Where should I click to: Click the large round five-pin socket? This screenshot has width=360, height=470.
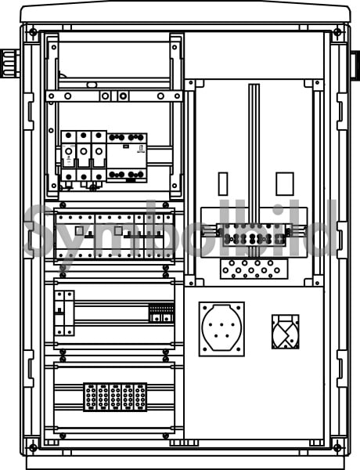point(221,329)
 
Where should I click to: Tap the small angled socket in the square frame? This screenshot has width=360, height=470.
point(286,331)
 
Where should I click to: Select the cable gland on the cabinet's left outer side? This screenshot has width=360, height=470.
point(10,63)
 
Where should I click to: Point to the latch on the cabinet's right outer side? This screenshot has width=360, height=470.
point(355,65)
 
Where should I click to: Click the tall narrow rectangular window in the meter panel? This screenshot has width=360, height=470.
point(223,184)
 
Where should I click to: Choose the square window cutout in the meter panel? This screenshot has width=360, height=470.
point(285,184)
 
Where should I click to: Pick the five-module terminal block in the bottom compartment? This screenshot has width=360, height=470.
point(115,397)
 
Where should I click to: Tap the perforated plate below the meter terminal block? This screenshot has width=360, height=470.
point(254,269)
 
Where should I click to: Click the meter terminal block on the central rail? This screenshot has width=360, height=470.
point(254,235)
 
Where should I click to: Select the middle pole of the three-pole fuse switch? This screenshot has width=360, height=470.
point(84,156)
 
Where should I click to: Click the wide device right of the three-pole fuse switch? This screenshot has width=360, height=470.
point(127,157)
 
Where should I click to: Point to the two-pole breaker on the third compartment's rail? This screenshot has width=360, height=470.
point(64,313)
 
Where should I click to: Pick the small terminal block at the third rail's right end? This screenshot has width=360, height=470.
point(162,313)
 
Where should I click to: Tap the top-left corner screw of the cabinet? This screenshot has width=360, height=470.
point(33,31)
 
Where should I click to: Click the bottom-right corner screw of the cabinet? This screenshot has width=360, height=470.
point(337,448)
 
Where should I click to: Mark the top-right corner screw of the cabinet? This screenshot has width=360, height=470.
point(337,31)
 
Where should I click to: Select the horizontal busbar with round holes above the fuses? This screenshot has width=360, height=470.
point(114,96)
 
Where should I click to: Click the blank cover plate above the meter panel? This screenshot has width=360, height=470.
point(254,56)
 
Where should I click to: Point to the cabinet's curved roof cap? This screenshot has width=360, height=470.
point(185,12)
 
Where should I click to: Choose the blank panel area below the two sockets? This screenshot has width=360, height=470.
point(254,399)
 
